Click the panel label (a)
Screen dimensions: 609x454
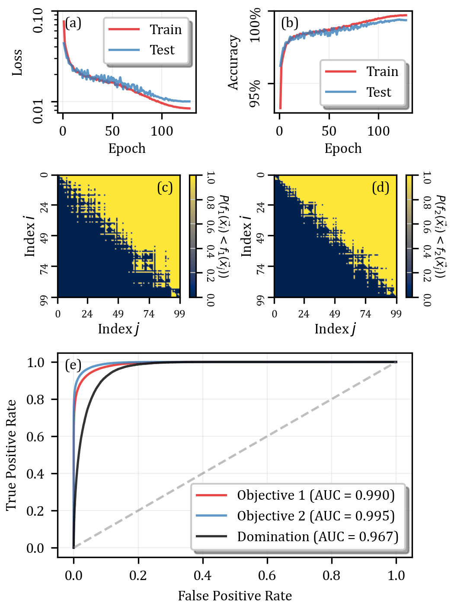(x=73, y=23)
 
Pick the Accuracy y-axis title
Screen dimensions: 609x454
(x=233, y=63)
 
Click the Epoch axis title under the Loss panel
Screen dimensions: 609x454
(x=127, y=148)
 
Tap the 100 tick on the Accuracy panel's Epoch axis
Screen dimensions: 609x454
(x=378, y=131)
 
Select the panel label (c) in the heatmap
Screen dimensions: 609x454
(x=165, y=187)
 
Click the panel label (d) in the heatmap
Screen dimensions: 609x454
(x=380, y=187)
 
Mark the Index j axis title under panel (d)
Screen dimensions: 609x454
(x=335, y=329)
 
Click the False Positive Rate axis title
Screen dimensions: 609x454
(x=235, y=596)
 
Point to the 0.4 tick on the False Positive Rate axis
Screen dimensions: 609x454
(x=202, y=575)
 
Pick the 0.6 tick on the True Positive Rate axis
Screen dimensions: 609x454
(x=35, y=437)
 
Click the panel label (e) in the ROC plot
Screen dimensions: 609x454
(x=73, y=365)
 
